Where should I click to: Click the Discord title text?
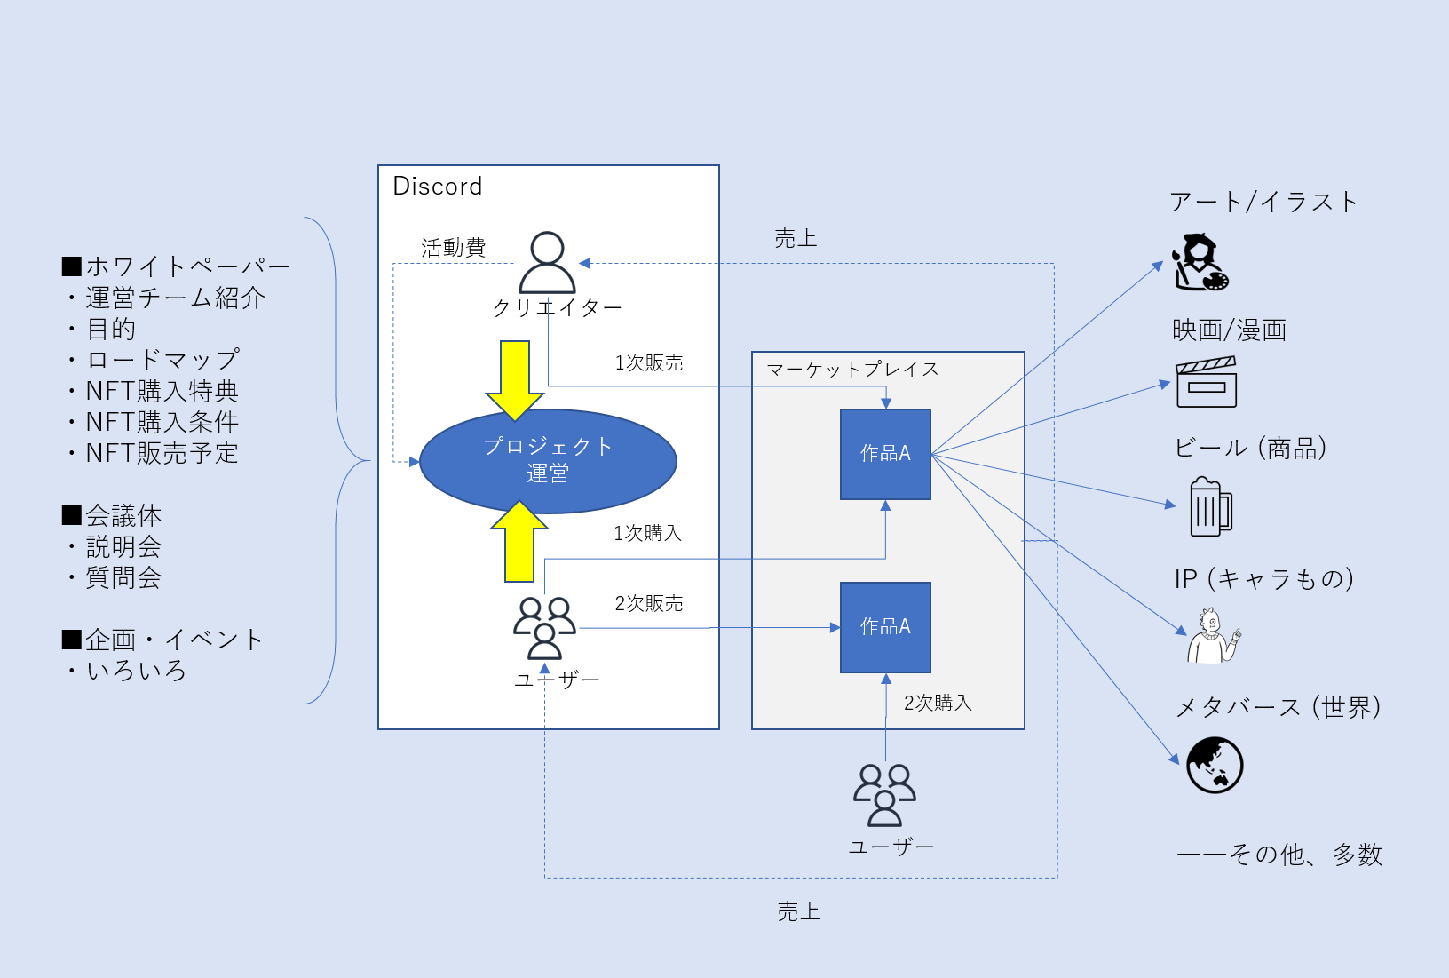click(x=437, y=187)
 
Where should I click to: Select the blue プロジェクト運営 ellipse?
click(x=548, y=461)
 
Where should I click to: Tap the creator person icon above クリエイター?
click(x=547, y=262)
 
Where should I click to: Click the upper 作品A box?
click(x=885, y=454)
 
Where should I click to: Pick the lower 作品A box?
click(x=885, y=627)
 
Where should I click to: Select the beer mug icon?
click(x=1210, y=507)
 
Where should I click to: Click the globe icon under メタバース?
click(x=1215, y=765)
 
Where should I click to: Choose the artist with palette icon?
click(x=1200, y=262)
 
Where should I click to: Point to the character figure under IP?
click(x=1212, y=635)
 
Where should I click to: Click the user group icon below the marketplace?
click(x=884, y=795)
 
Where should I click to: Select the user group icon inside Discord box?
click(x=544, y=628)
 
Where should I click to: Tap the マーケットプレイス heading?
click(x=852, y=370)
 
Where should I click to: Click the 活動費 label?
click(x=454, y=248)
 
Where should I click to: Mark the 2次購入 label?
click(x=938, y=704)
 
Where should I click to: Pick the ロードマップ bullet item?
click(x=162, y=360)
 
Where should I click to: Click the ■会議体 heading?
click(x=112, y=515)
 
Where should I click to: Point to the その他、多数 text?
click(x=1279, y=855)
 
